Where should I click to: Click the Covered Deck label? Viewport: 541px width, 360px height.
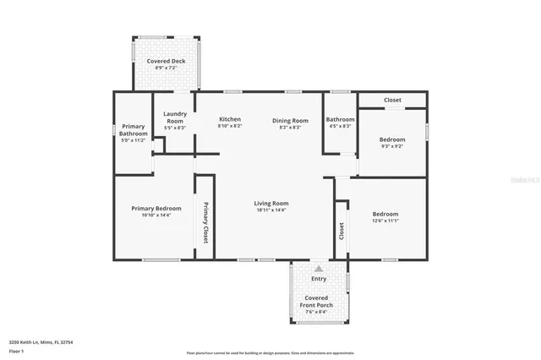point(166,62)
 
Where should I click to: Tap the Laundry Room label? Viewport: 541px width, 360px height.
point(175,117)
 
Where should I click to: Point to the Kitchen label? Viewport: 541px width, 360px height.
point(230,119)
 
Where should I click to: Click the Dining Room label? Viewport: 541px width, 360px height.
point(290,120)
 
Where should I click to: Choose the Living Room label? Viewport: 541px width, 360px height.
point(272,203)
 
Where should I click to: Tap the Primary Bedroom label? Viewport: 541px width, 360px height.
point(156,208)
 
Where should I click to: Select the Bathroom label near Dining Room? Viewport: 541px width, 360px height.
point(340,119)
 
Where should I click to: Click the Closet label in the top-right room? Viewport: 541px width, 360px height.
point(392,100)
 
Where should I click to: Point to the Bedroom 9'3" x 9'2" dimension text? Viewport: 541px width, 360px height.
point(391,145)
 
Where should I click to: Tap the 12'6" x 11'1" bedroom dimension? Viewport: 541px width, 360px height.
point(385,221)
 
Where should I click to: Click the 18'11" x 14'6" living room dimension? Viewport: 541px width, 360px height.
point(272,210)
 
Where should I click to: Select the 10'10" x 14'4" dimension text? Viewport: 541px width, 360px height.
point(156,215)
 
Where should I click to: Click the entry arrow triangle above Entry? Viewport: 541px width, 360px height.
point(319,268)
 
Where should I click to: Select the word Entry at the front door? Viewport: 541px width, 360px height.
point(319,278)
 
